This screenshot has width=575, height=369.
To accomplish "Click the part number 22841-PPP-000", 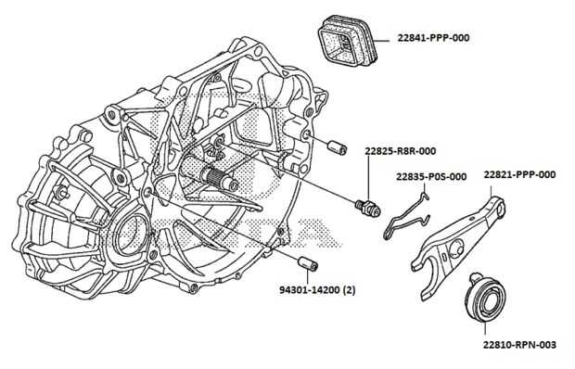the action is (x=433, y=38).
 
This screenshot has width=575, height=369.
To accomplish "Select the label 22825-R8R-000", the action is (x=401, y=151).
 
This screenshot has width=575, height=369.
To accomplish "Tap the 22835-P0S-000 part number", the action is (x=431, y=177).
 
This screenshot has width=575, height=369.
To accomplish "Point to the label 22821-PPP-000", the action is (x=519, y=174).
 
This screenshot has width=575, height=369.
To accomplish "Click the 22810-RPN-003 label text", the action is (x=519, y=345).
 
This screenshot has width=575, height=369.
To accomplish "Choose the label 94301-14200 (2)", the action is (x=317, y=290).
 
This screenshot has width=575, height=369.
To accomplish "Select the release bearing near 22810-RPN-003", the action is (x=484, y=298).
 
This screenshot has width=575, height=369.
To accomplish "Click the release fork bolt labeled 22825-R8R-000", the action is (x=368, y=207).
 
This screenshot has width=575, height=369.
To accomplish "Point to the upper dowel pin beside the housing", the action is (x=337, y=147).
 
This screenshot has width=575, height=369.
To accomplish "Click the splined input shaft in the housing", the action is (x=217, y=178).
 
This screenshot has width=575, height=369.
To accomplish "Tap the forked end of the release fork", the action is (x=428, y=271).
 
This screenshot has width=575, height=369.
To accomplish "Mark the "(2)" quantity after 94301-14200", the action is (x=349, y=290).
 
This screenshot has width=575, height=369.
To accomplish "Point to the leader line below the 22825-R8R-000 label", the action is (x=368, y=178).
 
